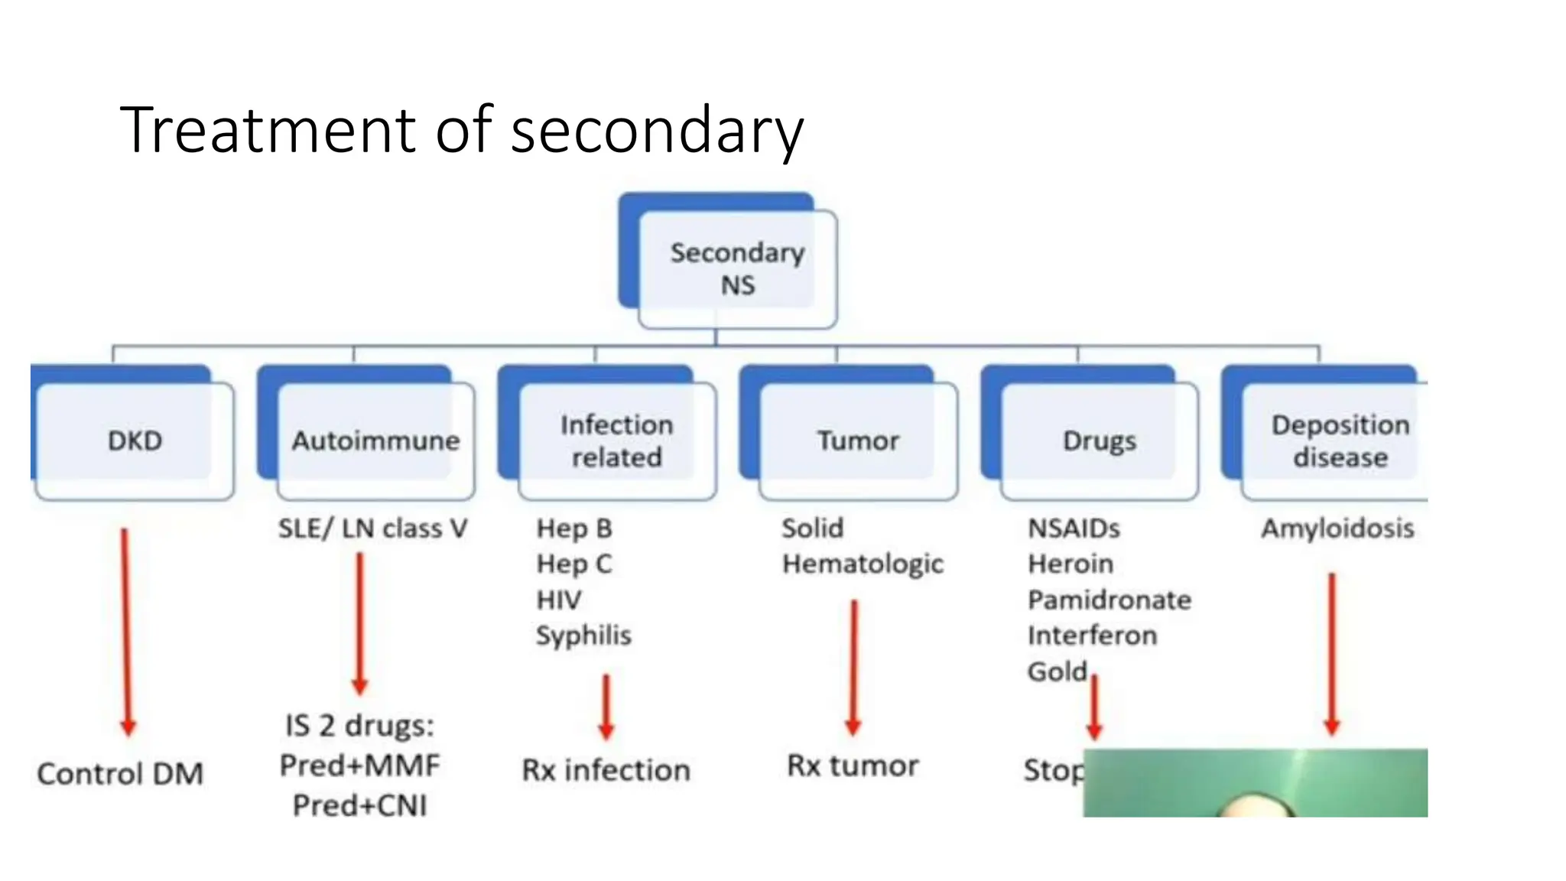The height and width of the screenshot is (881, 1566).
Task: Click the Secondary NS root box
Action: (736, 268)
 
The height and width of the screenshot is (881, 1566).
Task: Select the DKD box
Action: (135, 440)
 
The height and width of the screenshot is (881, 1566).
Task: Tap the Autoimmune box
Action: (375, 440)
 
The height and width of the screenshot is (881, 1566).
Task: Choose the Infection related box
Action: (616, 440)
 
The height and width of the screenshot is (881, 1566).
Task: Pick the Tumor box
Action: (857, 440)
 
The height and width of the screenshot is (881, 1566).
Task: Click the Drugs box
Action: (1099, 440)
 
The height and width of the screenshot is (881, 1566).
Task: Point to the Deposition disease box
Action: (1339, 440)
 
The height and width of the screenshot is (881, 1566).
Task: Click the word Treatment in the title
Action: (268, 130)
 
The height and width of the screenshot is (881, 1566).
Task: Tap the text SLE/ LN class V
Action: (372, 528)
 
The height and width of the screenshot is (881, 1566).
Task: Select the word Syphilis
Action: (583, 636)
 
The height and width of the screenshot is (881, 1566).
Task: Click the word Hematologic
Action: (863, 564)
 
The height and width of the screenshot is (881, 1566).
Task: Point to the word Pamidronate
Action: (1109, 600)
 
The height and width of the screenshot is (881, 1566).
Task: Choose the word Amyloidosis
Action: (1337, 528)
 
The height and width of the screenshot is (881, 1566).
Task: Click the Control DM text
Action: (120, 774)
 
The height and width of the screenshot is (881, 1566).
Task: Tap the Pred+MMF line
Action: (359, 765)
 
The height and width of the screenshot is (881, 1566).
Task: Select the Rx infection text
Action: (606, 770)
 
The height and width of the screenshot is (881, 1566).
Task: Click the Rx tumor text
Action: (853, 766)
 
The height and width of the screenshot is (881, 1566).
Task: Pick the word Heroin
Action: (1070, 564)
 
